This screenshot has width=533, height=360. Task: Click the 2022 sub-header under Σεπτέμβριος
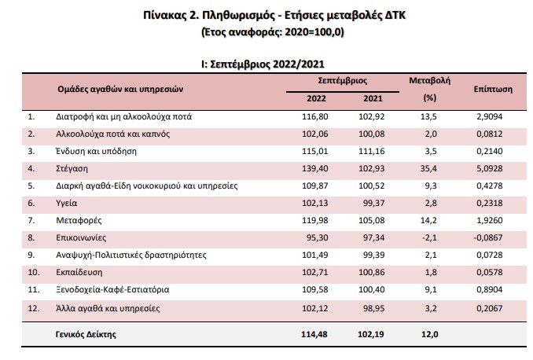click(x=317, y=98)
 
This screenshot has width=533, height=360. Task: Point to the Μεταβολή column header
click(x=428, y=81)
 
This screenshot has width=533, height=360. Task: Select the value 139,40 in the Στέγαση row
click(x=316, y=168)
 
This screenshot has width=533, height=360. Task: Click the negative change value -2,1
click(x=428, y=237)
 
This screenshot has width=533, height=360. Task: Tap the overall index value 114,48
click(x=316, y=334)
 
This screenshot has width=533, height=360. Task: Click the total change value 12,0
click(x=429, y=334)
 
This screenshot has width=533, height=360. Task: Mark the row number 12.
click(x=32, y=307)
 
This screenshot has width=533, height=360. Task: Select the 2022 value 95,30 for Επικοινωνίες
click(x=318, y=237)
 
